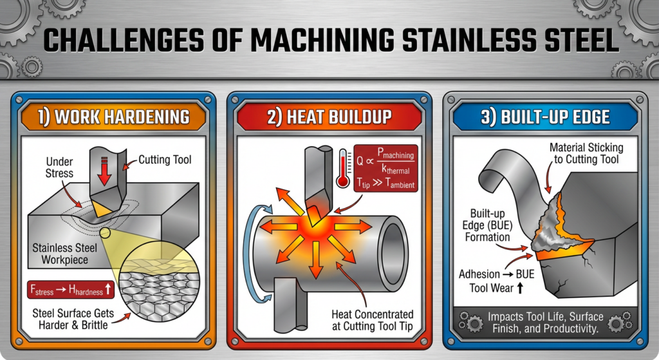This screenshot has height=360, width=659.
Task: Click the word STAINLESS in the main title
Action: click(x=469, y=41)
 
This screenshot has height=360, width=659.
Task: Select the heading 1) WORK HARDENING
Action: click(x=114, y=117)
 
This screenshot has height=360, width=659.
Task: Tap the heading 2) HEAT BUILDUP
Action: click(x=329, y=117)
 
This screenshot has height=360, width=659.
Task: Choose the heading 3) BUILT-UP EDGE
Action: click(x=545, y=117)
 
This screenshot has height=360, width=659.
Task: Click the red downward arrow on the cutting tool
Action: click(x=104, y=171)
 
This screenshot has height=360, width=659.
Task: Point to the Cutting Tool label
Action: click(x=165, y=160)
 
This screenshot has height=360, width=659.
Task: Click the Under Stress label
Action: click(x=59, y=167)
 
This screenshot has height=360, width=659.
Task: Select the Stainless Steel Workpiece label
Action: click(x=65, y=254)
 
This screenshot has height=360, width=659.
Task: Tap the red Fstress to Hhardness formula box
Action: click(x=71, y=289)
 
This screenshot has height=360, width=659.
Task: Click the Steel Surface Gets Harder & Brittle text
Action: click(x=73, y=319)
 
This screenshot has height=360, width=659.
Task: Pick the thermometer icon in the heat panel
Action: click(x=344, y=168)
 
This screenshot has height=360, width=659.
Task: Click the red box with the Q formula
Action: click(x=386, y=168)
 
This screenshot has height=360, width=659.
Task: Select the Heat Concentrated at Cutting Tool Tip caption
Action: click(x=373, y=321)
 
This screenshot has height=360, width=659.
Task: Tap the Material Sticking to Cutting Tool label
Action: click(x=586, y=153)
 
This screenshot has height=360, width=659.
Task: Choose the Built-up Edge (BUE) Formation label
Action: click(x=488, y=225)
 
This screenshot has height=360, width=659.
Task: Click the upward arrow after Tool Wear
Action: click(x=520, y=288)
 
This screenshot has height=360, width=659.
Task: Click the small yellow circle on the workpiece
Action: click(x=105, y=232)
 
